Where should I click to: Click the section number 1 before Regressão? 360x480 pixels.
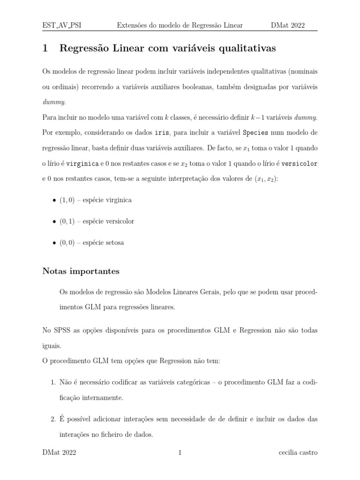(45, 48)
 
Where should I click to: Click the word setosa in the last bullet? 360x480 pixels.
(114, 243)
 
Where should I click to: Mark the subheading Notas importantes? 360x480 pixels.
(81, 271)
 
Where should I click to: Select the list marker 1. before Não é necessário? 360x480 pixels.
(53, 382)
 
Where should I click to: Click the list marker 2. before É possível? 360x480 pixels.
(53, 419)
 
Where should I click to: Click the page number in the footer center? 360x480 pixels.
(180, 453)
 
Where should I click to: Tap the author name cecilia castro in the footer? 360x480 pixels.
(298, 453)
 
